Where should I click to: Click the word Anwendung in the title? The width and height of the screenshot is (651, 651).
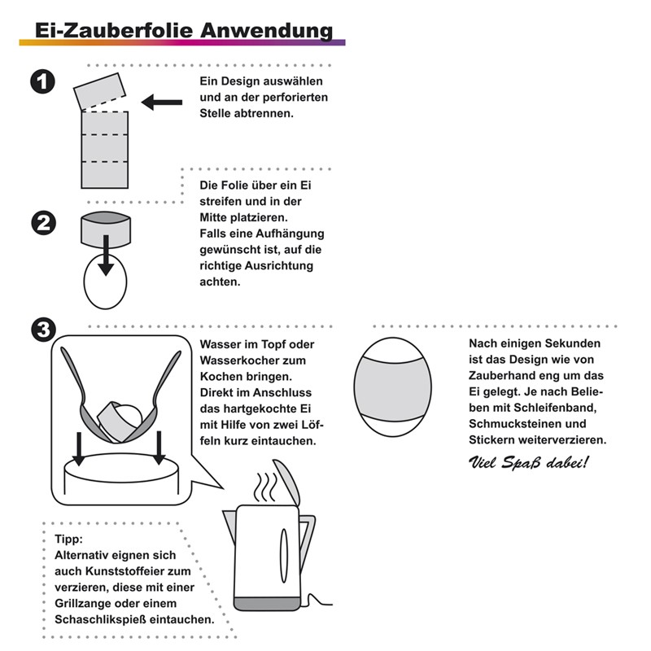(x=267, y=31)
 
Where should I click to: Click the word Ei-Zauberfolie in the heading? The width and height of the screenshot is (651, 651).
(x=114, y=30)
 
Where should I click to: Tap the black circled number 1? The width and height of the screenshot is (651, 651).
(x=43, y=81)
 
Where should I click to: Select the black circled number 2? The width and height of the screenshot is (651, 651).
(x=44, y=223)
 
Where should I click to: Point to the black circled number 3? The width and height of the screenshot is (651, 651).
(x=44, y=330)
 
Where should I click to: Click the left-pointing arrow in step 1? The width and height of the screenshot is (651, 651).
(x=162, y=103)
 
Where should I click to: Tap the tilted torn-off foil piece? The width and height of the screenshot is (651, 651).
(x=99, y=91)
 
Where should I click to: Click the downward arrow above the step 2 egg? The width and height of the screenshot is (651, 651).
(x=106, y=256)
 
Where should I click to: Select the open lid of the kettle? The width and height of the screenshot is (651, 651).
(x=286, y=482)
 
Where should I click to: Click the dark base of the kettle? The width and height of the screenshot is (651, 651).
(x=267, y=604)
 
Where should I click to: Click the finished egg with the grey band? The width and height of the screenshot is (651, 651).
(x=393, y=387)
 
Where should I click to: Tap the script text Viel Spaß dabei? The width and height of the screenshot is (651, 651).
(x=528, y=462)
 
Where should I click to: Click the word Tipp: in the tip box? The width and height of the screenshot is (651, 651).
(x=68, y=540)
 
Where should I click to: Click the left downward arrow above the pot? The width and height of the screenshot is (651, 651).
(x=78, y=448)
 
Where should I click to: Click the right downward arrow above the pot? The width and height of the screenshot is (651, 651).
(x=159, y=448)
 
